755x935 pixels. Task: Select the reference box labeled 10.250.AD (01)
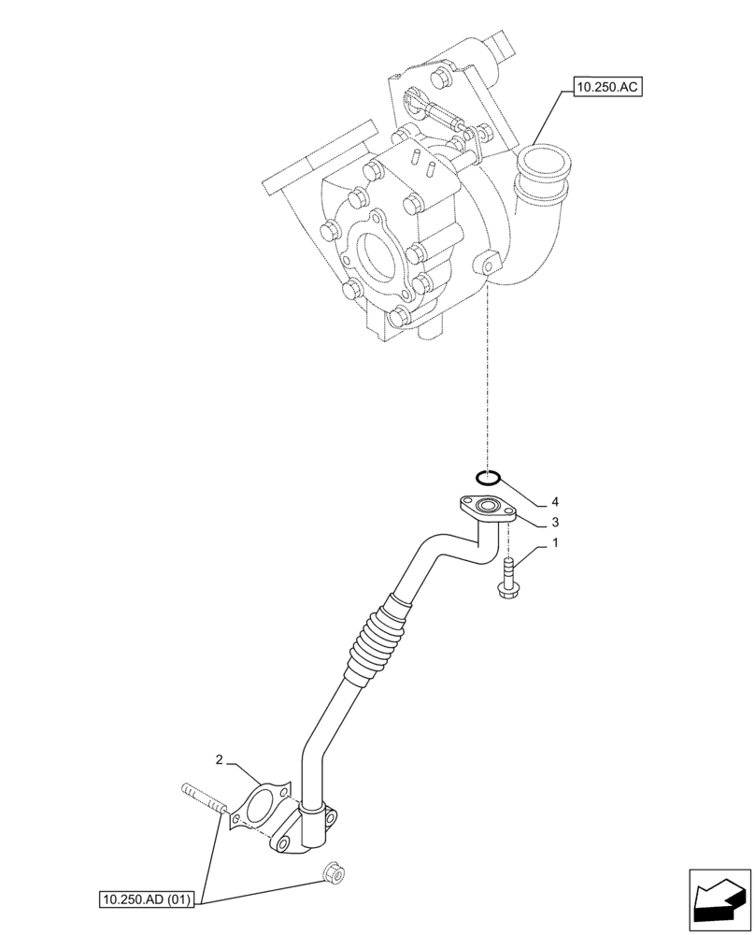click(146, 900)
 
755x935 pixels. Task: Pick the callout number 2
click(219, 760)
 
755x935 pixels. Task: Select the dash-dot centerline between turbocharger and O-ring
click(488, 374)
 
